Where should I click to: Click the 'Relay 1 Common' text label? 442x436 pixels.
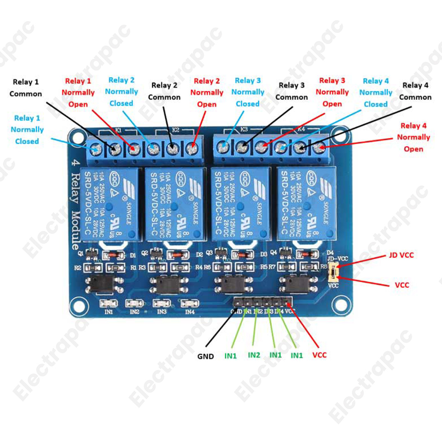(25, 88)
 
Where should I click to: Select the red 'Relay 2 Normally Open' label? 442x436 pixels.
(207, 93)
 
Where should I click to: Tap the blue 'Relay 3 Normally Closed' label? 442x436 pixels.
(248, 92)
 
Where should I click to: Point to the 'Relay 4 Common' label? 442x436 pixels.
(415, 91)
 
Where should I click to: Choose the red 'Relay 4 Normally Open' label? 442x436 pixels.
(415, 137)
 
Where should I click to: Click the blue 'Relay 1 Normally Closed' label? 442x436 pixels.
(27, 130)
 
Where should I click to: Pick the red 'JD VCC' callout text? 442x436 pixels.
(401, 255)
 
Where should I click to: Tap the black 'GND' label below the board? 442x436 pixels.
(206, 356)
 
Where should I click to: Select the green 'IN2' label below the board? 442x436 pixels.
(255, 354)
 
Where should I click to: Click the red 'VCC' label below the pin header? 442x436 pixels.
(319, 354)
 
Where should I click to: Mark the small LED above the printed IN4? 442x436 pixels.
(188, 303)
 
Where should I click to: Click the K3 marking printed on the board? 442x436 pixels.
(243, 129)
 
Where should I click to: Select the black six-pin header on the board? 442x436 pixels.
(262, 303)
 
